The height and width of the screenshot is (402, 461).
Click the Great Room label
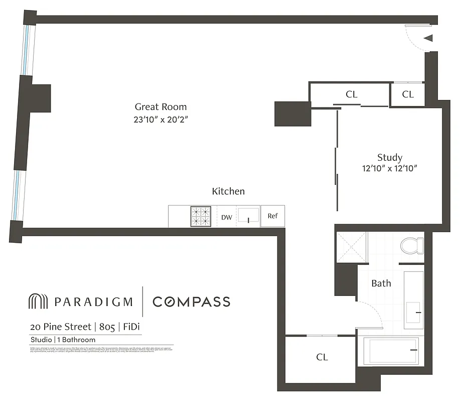tap(161, 107)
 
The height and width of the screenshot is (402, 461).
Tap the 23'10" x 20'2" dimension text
tap(161, 120)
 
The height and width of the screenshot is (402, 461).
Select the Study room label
tap(389, 157)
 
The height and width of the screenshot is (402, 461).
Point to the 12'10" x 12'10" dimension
tap(389, 169)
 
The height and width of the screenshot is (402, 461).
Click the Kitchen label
tap(228, 191)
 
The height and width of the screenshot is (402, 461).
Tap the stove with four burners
tap(201, 217)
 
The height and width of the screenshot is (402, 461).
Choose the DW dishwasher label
tap(227, 217)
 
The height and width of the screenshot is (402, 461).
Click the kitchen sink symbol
tap(248, 217)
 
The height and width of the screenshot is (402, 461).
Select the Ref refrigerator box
tap(272, 216)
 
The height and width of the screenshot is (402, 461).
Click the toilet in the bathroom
tap(412, 245)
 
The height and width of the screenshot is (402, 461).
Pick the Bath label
tap(381, 283)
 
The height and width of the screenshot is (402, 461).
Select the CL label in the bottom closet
tap(322, 357)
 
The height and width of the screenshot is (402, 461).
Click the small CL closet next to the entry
tap(408, 94)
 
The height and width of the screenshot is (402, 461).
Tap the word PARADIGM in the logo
tap(93, 301)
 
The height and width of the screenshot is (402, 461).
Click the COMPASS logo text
tap(191, 301)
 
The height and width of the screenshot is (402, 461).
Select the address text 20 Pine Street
tap(60, 327)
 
